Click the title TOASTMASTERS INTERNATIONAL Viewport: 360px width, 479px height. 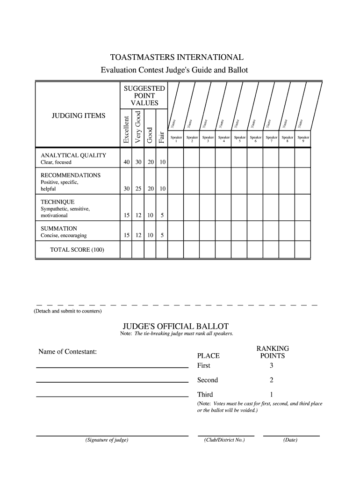coord(177,58)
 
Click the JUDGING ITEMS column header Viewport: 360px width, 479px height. coord(78,116)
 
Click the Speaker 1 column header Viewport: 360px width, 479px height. coord(176,139)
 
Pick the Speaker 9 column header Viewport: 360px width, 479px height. coord(303,139)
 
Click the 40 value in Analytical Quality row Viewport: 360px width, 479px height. coord(126,162)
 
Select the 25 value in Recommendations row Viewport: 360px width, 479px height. coord(138,189)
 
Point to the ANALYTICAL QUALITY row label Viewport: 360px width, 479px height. coord(73,155)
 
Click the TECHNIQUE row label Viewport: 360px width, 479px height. coord(58,202)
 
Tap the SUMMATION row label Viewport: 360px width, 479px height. coord(59,228)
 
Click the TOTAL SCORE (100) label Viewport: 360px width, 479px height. coord(77,249)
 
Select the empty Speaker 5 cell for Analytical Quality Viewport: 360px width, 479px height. coord(239,159)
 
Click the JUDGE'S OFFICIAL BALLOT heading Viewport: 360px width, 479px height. coord(176,326)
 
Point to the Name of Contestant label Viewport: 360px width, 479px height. coord(67,351)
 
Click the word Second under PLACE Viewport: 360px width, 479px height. coord(208,380)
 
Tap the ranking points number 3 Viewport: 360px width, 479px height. coord(271,365)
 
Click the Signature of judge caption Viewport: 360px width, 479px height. coord(107,440)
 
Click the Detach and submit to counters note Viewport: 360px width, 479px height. coord(67,311)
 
